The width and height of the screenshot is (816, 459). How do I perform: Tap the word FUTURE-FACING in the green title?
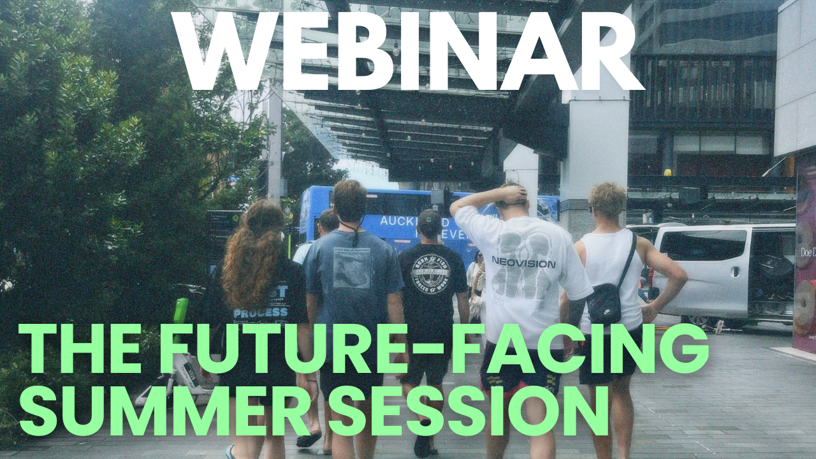click(433, 349)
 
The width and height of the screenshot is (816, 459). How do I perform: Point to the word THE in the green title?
click(83, 349)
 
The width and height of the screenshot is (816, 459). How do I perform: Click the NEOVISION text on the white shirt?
click(514, 263)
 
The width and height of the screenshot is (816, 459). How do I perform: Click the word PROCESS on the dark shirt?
click(261, 313)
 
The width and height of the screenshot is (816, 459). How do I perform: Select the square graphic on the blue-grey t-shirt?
click(351, 268)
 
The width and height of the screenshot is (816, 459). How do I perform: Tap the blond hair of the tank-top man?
click(607, 199)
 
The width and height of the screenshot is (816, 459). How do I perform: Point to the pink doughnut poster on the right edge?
click(805, 255)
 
